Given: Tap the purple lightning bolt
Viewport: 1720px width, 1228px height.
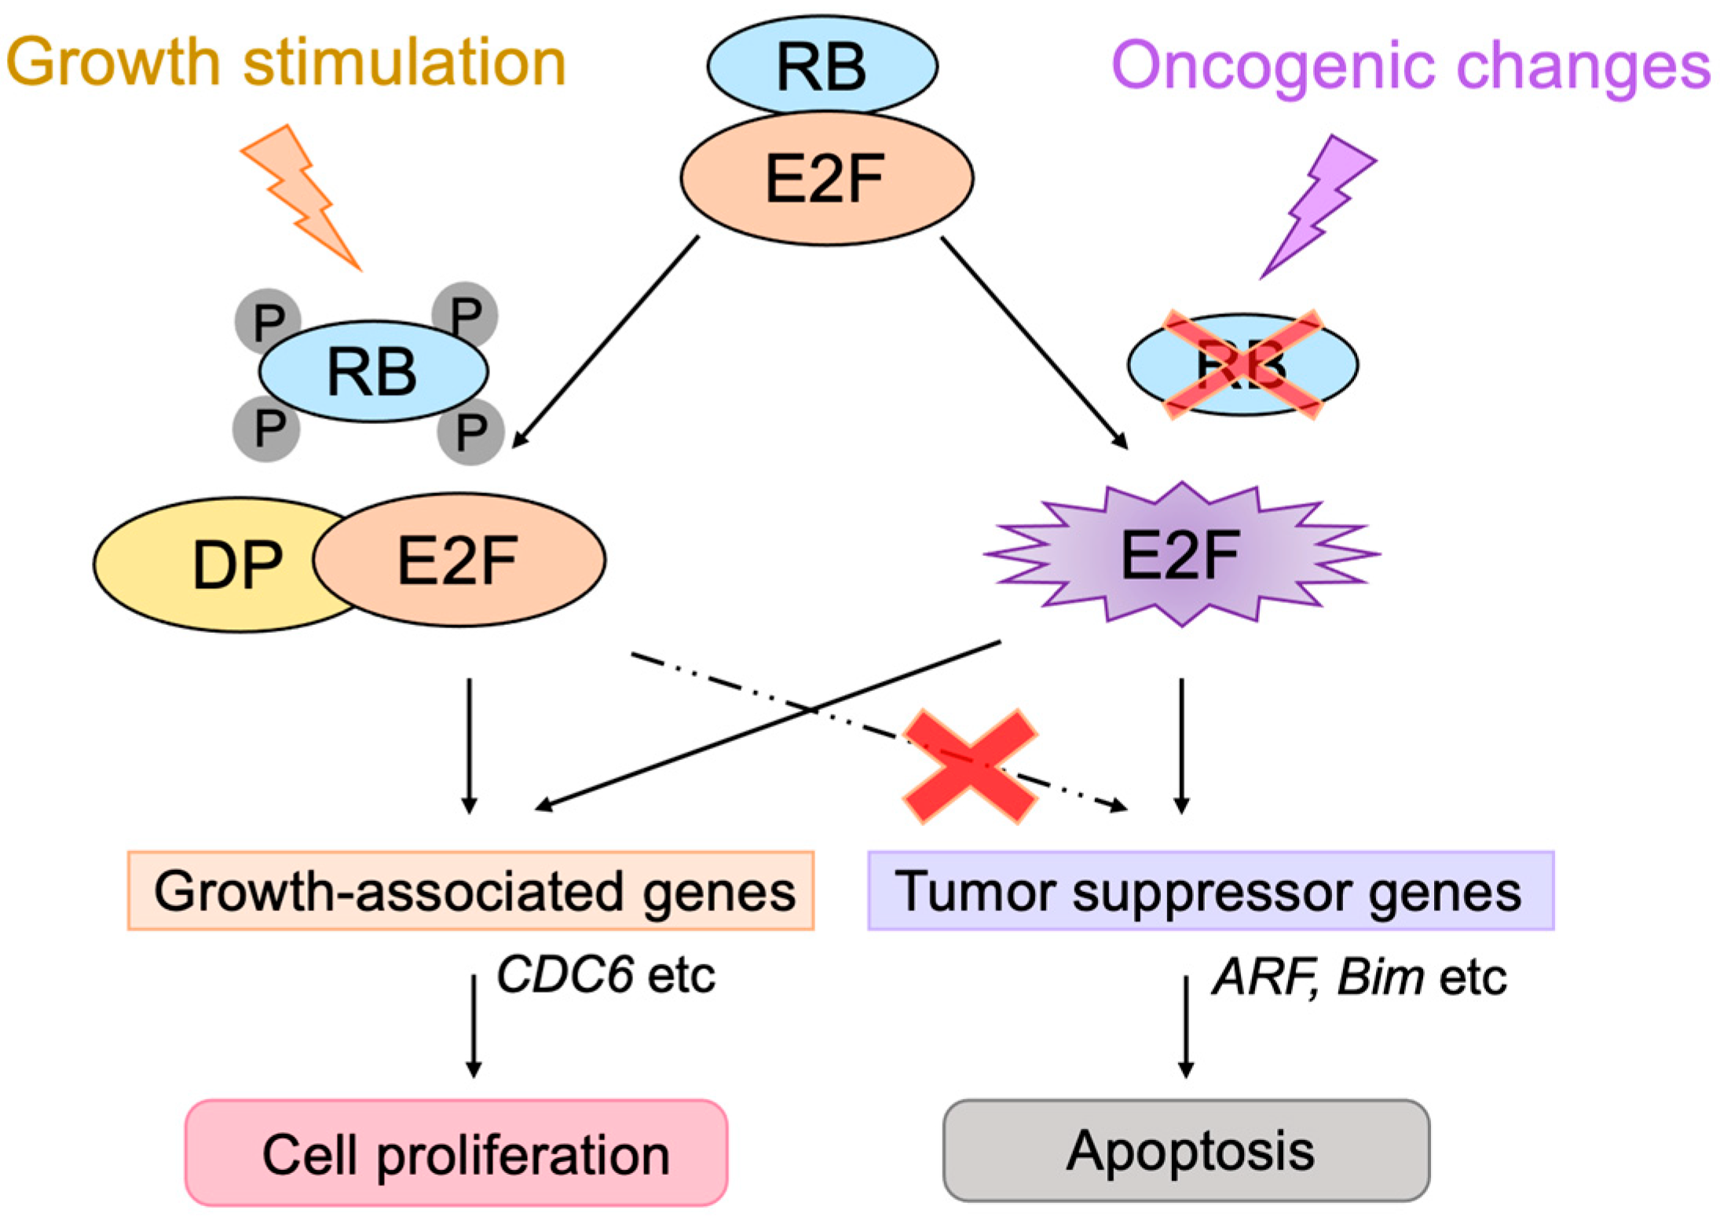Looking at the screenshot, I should pos(1319,204).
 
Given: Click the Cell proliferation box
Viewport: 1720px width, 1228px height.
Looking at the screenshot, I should pos(456,1153).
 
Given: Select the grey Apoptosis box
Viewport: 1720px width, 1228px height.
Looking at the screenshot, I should pos(1186,1151).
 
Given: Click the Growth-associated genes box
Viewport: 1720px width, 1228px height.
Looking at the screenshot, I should pos(470,891).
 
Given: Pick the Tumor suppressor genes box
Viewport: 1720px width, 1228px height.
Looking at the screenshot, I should pos(1210,891).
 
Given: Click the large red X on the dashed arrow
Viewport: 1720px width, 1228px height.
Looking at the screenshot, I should pos(971,766).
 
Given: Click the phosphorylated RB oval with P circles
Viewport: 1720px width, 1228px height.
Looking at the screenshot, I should pos(373,371).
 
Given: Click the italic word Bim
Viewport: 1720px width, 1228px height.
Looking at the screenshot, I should pos(1380,978).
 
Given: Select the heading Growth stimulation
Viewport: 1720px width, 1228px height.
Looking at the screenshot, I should pos(286,63).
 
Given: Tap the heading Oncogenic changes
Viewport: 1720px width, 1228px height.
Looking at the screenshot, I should pos(1411,66).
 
